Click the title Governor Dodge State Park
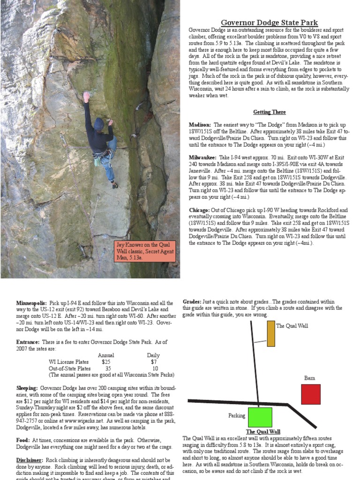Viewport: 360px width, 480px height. click(x=269, y=22)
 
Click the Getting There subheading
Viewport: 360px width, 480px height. click(x=269, y=112)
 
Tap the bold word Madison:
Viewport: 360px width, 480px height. click(x=200, y=125)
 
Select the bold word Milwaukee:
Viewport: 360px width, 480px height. click(x=202, y=157)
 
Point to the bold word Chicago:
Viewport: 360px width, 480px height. click(x=200, y=210)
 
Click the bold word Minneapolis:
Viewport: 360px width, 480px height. click(x=31, y=303)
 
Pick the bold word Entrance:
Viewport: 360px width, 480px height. click(x=27, y=343)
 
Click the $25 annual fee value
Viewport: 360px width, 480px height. click(x=106, y=362)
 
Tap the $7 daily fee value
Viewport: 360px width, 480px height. click(x=154, y=362)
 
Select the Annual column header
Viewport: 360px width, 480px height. click(x=106, y=355)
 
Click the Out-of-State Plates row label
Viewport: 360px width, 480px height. click(x=70, y=368)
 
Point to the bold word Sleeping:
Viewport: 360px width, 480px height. click(x=27, y=388)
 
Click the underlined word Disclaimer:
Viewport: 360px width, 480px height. click(x=30, y=460)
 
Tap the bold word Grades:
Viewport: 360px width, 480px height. click(x=192, y=302)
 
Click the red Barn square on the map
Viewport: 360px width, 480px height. click(x=310, y=394)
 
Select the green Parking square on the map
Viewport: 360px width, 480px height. click(x=260, y=417)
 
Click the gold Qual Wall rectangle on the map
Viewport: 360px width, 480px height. click(x=271, y=333)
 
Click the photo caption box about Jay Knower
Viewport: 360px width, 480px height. click(x=145, y=251)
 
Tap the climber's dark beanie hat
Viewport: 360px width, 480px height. click(x=98, y=124)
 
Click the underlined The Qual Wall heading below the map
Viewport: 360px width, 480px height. click(x=263, y=432)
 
